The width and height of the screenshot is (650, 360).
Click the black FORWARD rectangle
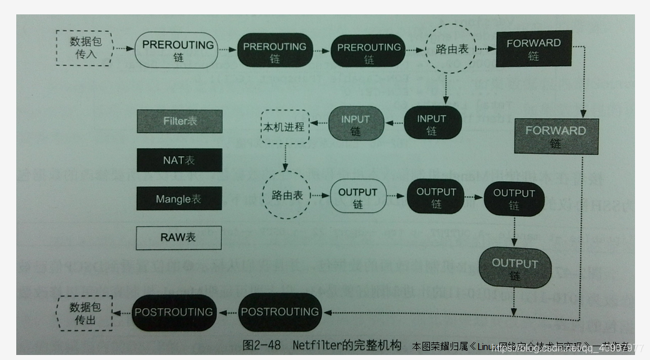[533, 49]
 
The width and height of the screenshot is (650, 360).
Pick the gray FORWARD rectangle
[556, 136]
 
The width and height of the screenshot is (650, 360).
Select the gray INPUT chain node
[355, 124]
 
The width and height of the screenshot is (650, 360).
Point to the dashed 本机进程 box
[284, 126]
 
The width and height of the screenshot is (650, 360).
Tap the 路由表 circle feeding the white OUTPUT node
[287, 196]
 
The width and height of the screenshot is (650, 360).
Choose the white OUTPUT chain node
[357, 197]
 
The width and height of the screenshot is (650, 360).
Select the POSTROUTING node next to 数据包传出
[174, 312]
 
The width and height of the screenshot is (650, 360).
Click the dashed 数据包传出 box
[84, 313]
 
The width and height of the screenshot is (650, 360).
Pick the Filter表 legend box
[179, 121]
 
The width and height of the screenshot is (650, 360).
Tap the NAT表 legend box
[179, 160]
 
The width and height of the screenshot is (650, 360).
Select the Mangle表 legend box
[179, 199]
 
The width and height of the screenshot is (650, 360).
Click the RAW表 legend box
[179, 237]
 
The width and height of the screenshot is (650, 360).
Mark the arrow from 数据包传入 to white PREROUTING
[124, 49]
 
